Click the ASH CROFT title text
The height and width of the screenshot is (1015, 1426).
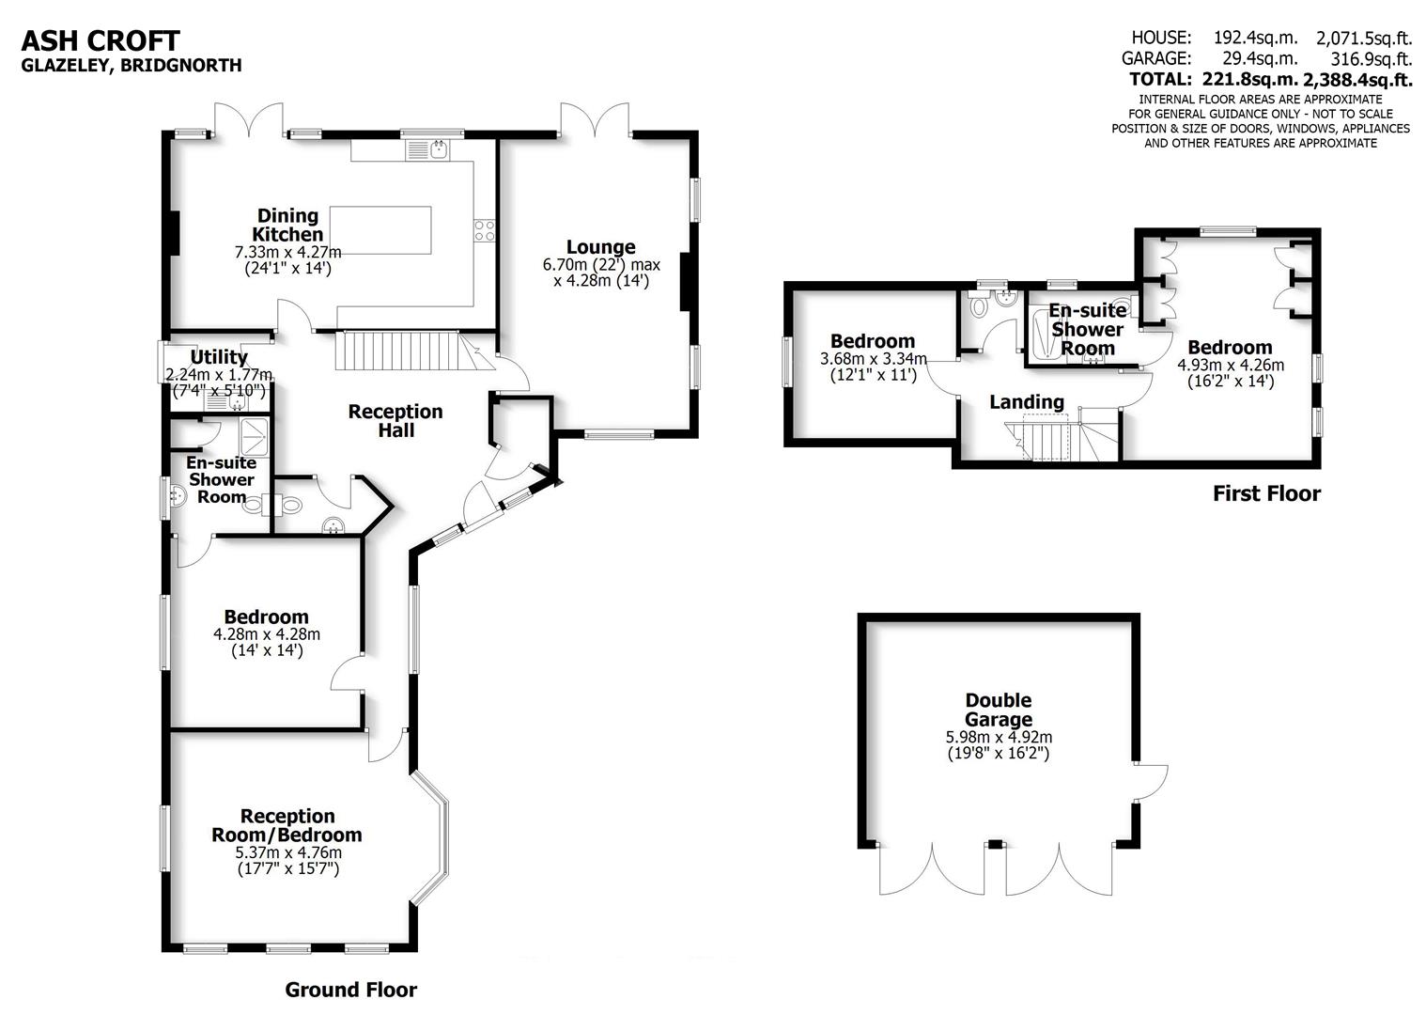point(100,40)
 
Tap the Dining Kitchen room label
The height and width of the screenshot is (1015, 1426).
point(287,226)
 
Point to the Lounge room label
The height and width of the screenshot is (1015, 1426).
point(600,247)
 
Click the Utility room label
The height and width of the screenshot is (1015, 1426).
point(219,357)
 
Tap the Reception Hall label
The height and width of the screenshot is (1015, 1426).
point(395,421)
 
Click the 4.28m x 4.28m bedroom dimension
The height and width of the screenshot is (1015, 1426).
point(267,634)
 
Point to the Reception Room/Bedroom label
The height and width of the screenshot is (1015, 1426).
point(287,825)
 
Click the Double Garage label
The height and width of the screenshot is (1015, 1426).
point(999,710)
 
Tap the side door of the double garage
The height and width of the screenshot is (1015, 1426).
point(1153,782)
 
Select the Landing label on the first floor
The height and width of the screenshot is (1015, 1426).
point(1027,402)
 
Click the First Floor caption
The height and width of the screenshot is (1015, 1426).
point(1266,493)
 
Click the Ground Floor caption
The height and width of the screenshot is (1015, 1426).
point(350,990)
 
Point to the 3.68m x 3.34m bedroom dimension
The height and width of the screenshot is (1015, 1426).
point(873,359)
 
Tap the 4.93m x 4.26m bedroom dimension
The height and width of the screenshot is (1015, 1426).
point(1230,365)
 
